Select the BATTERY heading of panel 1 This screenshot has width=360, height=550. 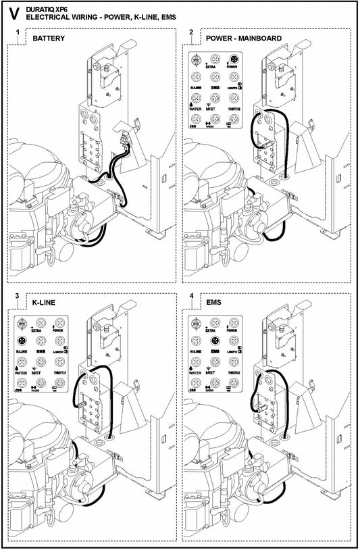pyautogui.click(x=49, y=39)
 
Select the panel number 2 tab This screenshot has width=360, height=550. pyautogui.click(x=192, y=33)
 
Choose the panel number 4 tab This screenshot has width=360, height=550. pyautogui.click(x=192, y=297)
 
